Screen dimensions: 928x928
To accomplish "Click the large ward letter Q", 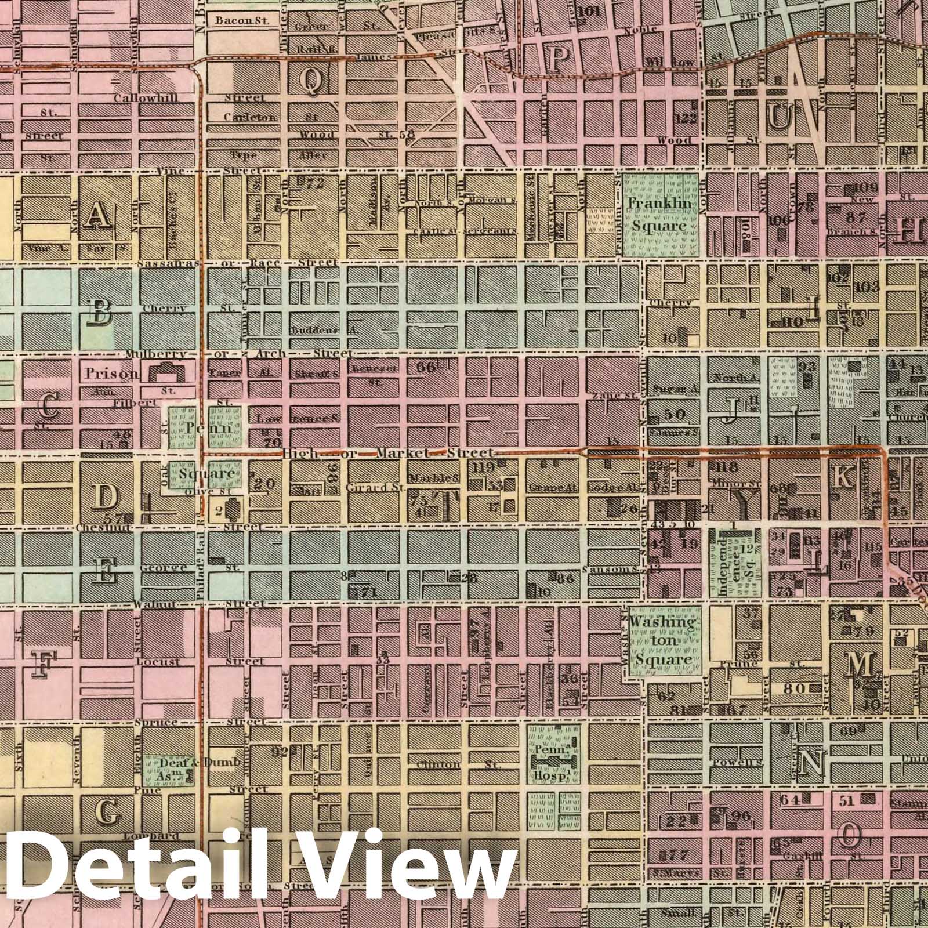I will (x=311, y=81).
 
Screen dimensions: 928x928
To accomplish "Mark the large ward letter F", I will (x=41, y=664).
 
